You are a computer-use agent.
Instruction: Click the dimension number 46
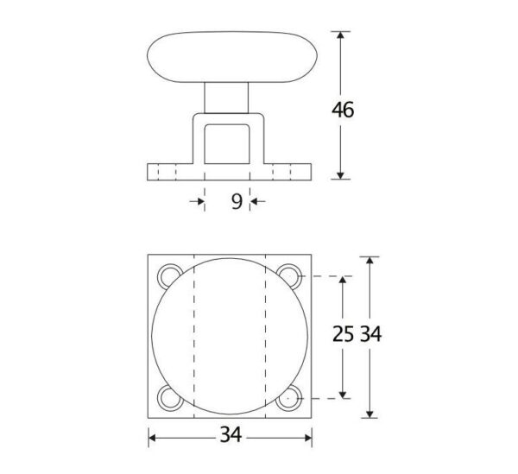(343, 110)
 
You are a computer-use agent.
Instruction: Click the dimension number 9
(237, 201)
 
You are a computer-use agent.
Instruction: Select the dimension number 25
(343, 333)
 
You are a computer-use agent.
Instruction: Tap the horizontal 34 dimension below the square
(231, 434)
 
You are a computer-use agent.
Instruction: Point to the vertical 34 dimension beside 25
(370, 333)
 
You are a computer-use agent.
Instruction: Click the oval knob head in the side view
(232, 57)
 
